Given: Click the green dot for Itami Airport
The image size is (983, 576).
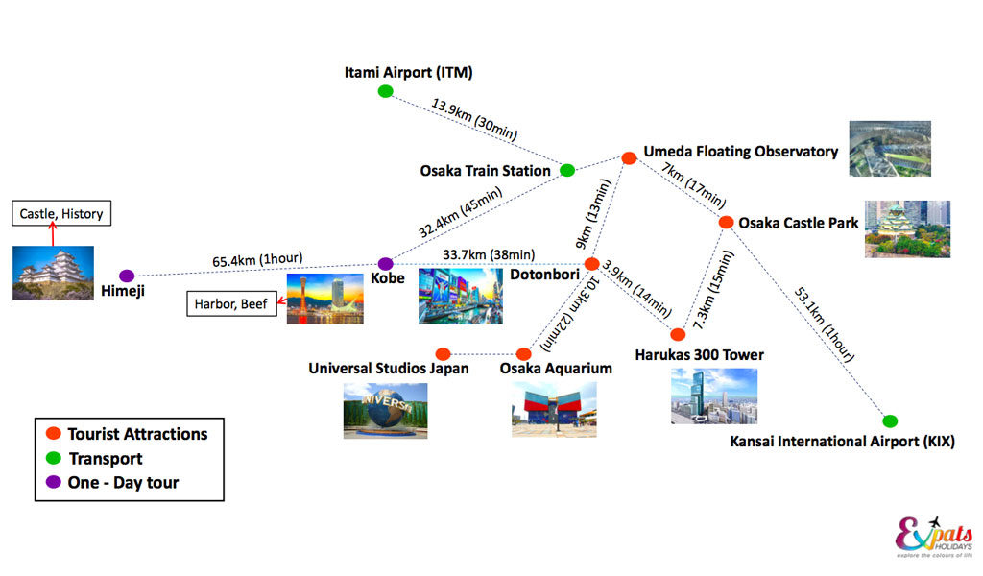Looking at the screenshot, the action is tap(386, 91).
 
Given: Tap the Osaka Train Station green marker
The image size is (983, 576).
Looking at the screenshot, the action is tap(567, 170).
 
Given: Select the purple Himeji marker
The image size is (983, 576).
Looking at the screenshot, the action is tap(127, 276).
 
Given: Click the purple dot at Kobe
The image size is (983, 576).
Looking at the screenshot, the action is tap(386, 264).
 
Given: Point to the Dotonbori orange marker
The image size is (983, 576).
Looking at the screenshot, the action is tap(591, 264).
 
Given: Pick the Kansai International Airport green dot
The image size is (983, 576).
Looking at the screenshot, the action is tap(890, 420).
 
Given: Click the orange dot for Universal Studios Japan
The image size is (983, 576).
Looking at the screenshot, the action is tap(443, 354).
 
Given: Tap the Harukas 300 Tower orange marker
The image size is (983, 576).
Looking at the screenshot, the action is tap(678, 334).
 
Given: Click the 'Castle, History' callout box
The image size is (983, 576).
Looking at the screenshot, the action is tap(61, 213).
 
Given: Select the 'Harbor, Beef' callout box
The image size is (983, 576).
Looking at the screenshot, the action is tap(231, 304).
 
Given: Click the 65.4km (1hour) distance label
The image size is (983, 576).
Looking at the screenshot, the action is tap(257, 259).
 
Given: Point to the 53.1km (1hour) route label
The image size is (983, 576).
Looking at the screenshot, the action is tap(825, 324).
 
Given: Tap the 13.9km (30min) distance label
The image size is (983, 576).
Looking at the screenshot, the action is tap(474, 119).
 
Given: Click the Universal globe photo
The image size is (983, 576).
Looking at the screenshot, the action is tap(386, 411).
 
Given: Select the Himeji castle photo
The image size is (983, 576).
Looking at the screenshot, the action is tap(54, 274).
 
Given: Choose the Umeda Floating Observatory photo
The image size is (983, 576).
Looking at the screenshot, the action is tap(890, 149).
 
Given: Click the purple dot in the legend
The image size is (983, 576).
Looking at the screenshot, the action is tap(54, 482).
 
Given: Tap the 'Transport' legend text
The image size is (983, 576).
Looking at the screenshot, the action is tap(106, 459).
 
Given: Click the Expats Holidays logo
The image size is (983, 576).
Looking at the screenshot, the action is tap(934, 537).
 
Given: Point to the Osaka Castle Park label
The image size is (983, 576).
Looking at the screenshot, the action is tap(798, 223).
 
